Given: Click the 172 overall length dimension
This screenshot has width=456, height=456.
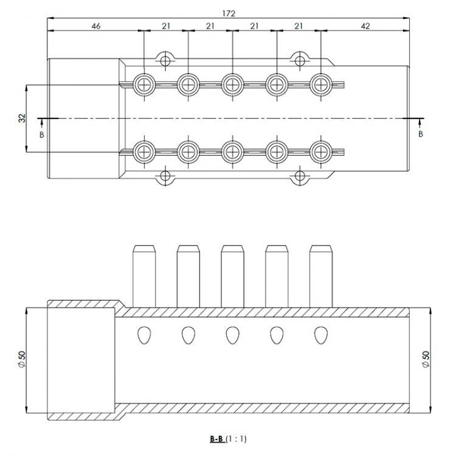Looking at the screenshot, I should [x=229, y=13].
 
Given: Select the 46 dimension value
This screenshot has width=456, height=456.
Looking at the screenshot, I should [x=95, y=26].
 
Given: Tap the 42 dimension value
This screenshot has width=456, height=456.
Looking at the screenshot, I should [x=365, y=26].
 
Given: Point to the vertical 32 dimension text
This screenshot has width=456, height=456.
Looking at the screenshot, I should [x=22, y=118].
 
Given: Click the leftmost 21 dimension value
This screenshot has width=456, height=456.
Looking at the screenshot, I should [x=165, y=26].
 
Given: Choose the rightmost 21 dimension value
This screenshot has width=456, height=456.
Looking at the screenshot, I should [x=299, y=26].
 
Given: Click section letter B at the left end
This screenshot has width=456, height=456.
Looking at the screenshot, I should [x=41, y=134].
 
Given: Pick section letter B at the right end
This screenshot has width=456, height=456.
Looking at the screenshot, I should [x=420, y=134].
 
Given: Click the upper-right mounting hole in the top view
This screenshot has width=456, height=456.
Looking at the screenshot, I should [x=299, y=60].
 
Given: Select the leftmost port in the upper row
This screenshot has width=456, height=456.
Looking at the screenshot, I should [x=144, y=84].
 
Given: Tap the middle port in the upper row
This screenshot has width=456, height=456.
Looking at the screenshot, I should [x=232, y=84].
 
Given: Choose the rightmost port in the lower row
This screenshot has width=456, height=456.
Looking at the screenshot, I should [x=320, y=151].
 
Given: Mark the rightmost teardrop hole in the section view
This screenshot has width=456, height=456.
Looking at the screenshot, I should [x=320, y=334].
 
